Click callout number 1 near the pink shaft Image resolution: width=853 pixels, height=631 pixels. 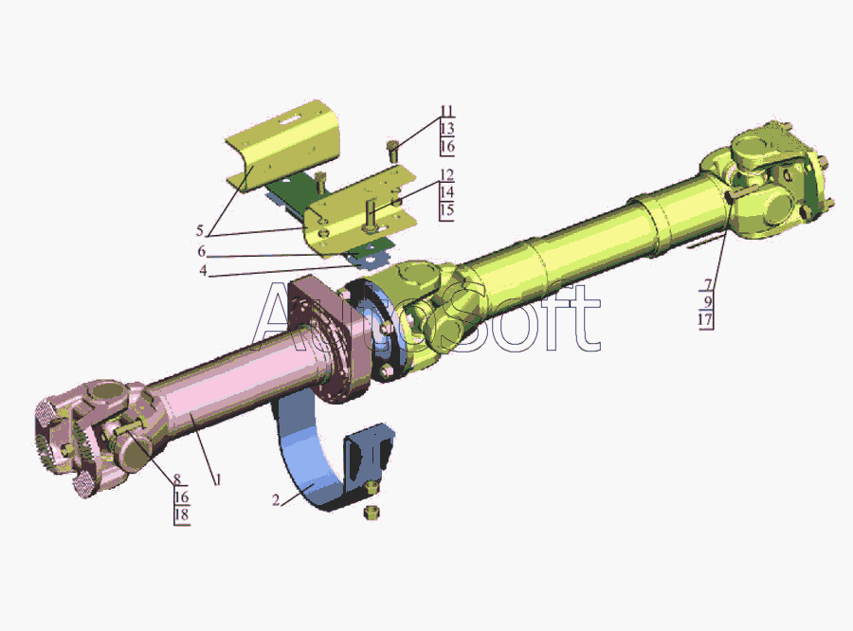[218, 479]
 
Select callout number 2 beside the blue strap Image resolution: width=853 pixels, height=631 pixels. [276, 500]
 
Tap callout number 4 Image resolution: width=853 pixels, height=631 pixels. [203, 270]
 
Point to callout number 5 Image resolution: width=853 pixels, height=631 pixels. [200, 230]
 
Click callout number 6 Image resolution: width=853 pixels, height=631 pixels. [201, 251]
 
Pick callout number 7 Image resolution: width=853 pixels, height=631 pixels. [708, 284]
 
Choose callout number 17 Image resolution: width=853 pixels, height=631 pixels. [705, 319]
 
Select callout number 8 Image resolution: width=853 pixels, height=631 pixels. [177, 479]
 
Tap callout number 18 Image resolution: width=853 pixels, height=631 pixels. [182, 514]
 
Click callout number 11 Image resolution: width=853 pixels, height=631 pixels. [446, 111]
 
